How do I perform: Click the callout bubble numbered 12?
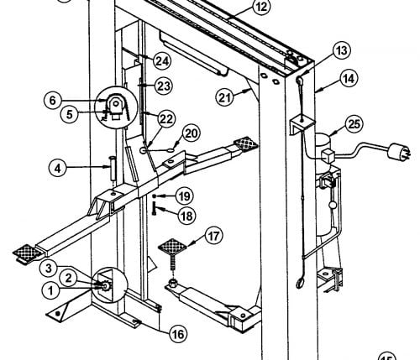261,7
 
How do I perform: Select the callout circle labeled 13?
342,51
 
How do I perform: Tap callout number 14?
349,79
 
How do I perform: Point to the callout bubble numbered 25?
354,124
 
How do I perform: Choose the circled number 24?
162,61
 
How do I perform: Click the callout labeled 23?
164,86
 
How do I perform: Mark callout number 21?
225,97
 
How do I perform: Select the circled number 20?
192,133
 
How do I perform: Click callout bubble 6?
53,101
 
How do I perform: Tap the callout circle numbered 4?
58,169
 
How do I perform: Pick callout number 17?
213,236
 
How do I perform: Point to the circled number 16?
178,334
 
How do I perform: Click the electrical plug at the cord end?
398,151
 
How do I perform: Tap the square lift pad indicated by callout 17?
172,247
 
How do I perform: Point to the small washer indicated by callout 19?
154,196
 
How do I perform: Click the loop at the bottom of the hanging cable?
300,283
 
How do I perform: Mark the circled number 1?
50,290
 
